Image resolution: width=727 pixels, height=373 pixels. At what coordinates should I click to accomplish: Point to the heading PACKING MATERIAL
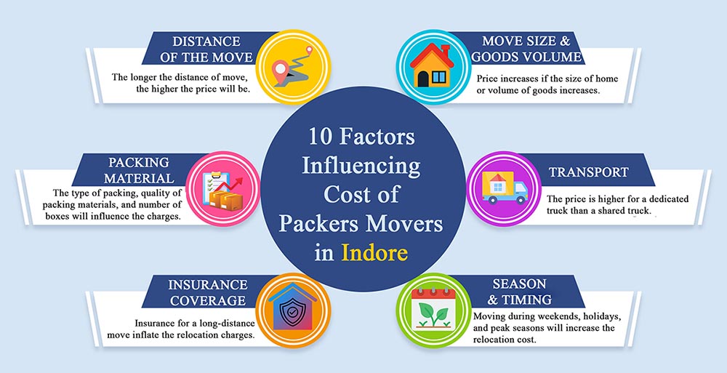tap(139, 169)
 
